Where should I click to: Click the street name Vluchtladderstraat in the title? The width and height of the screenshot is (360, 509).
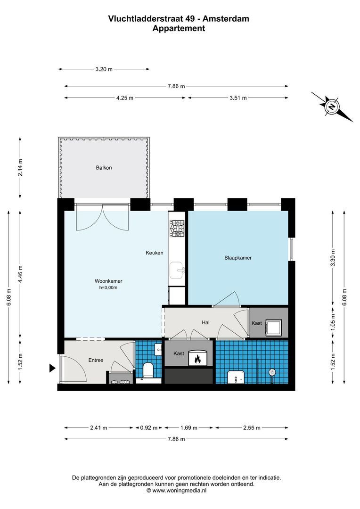point(143,19)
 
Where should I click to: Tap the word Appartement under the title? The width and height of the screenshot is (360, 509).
point(179,28)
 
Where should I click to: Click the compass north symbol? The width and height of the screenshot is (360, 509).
point(332,107)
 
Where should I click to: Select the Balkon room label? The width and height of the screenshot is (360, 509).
point(104,167)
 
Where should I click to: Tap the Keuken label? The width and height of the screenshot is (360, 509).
point(154,253)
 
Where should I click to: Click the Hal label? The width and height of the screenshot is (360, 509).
point(205,323)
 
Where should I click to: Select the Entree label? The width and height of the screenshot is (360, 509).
point(96,360)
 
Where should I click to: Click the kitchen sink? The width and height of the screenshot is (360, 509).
point(178,270)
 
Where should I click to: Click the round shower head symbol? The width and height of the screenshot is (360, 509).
point(271,372)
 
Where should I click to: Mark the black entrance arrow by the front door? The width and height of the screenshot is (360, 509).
point(52,369)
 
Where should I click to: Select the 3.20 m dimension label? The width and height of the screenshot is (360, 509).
point(104,69)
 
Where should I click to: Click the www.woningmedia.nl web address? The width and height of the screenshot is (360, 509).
point(180,490)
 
